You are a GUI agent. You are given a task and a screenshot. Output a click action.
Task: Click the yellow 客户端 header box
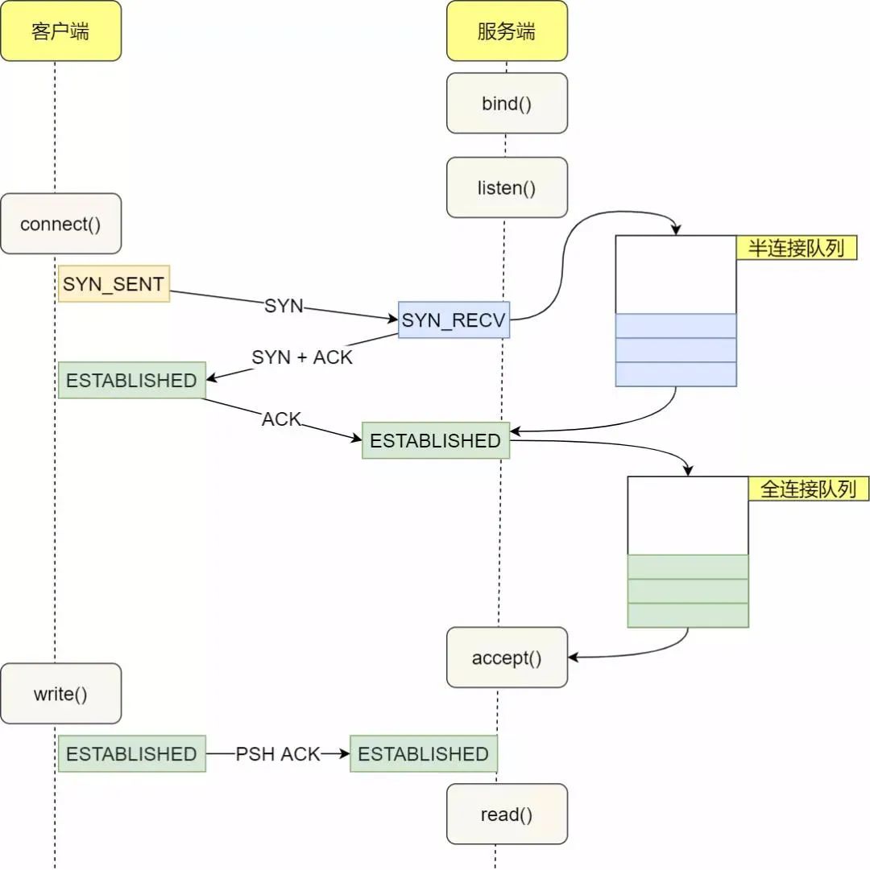tap(60, 31)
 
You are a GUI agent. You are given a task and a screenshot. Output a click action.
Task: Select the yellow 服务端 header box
tap(507, 31)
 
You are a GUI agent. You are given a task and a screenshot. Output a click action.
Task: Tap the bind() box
tap(507, 103)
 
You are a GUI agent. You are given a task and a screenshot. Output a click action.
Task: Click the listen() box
tap(507, 188)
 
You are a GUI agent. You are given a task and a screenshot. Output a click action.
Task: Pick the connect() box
tap(60, 224)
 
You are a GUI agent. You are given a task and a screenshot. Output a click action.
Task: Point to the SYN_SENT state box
tap(114, 283)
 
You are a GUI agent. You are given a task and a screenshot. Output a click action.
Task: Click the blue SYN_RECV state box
tap(454, 320)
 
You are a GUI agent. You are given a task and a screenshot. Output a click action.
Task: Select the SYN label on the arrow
tap(284, 306)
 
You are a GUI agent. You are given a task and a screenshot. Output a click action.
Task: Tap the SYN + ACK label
tap(302, 357)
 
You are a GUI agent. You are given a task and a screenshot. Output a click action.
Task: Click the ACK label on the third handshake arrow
tap(281, 419)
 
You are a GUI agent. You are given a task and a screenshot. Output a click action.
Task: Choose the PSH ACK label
tap(278, 754)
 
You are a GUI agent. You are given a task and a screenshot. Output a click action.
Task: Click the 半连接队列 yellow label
tap(796, 248)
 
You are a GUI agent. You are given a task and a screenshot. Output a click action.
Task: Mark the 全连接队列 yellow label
tap(808, 489)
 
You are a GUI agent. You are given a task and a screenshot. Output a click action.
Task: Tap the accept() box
tap(507, 658)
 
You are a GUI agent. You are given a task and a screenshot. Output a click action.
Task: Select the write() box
tap(60, 694)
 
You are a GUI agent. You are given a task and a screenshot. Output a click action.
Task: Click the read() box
tap(507, 814)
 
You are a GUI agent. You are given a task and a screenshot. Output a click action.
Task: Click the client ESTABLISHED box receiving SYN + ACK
tap(131, 380)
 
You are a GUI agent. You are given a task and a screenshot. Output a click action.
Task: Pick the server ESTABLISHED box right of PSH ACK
tap(423, 754)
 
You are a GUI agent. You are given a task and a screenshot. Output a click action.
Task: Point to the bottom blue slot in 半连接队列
tap(676, 374)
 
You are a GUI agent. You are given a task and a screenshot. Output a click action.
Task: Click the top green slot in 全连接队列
tap(687, 567)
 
